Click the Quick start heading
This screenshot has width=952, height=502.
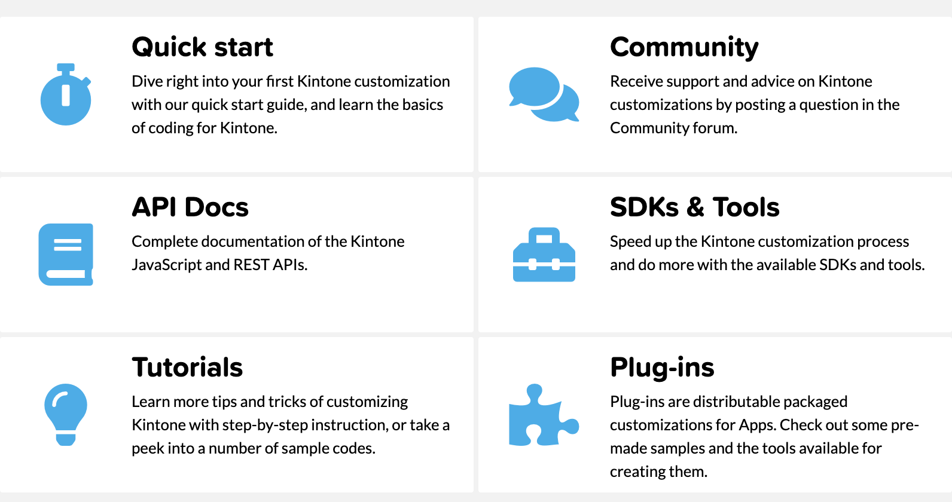coord(202,47)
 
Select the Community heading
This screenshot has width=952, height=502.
coord(684,48)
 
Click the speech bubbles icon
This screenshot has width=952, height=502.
coord(544,94)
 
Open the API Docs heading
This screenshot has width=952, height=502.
coord(190,207)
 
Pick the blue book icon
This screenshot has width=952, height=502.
coord(66,255)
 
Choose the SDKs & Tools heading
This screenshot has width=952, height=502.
coord(695,207)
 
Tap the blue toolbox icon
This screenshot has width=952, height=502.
coord(544,255)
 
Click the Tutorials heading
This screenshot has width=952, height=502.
coord(187,367)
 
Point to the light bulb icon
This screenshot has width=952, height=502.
coord(66,415)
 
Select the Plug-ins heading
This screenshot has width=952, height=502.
coord(662,368)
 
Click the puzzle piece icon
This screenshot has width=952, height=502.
coord(544,415)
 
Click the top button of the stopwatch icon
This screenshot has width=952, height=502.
coord(66,68)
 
